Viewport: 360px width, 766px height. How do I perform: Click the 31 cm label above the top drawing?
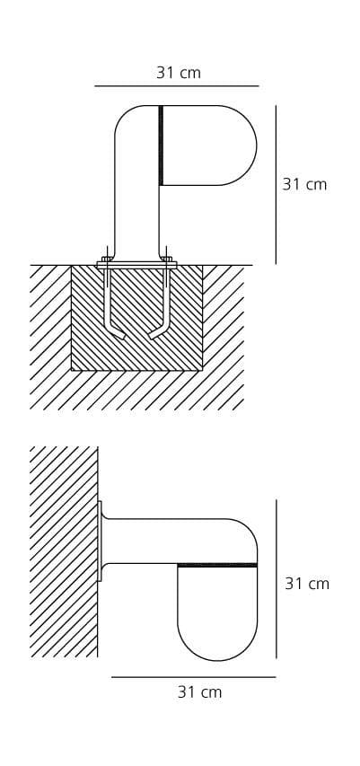click(x=179, y=73)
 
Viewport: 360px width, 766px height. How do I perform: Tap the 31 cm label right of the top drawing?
click(x=304, y=184)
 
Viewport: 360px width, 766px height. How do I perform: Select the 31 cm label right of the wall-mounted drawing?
click(x=307, y=584)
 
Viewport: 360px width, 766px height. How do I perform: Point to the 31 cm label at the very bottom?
click(x=199, y=691)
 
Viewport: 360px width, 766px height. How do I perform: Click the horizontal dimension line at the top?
click(x=176, y=86)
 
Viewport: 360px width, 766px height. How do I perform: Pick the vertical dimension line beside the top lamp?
click(x=276, y=185)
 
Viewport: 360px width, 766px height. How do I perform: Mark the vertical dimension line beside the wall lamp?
click(x=276, y=579)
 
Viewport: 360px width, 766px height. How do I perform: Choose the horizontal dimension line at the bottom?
click(x=193, y=677)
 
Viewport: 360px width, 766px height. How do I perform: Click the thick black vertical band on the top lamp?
click(x=161, y=145)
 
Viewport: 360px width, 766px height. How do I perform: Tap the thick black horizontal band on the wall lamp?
click(x=217, y=565)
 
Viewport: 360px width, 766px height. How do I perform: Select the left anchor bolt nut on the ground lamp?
click(x=107, y=259)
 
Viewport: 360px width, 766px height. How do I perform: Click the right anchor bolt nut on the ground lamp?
click(x=167, y=259)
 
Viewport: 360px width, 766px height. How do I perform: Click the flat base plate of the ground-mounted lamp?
click(x=136, y=265)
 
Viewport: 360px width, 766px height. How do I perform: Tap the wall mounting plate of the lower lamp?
click(x=100, y=541)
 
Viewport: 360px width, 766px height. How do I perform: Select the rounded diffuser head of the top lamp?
click(x=210, y=145)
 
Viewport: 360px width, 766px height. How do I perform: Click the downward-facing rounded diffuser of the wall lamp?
click(x=217, y=613)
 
